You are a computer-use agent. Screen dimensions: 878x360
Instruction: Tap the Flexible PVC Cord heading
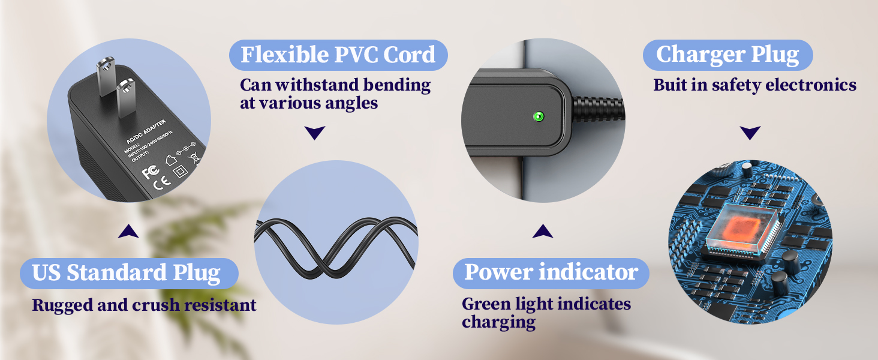(x=338, y=55)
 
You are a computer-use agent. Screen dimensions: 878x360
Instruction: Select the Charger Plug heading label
(x=727, y=55)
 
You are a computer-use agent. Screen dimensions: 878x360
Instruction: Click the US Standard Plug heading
(x=127, y=273)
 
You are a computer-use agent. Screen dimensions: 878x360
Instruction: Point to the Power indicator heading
(x=551, y=272)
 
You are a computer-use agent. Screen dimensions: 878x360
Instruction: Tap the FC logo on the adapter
(x=150, y=173)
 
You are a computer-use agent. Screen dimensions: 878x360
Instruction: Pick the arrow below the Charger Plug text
(x=750, y=133)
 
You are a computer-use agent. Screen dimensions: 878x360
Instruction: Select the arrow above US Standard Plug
(x=128, y=231)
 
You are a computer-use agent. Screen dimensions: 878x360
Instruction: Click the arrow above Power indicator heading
(x=542, y=231)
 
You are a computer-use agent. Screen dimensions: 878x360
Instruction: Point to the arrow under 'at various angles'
(x=315, y=133)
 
